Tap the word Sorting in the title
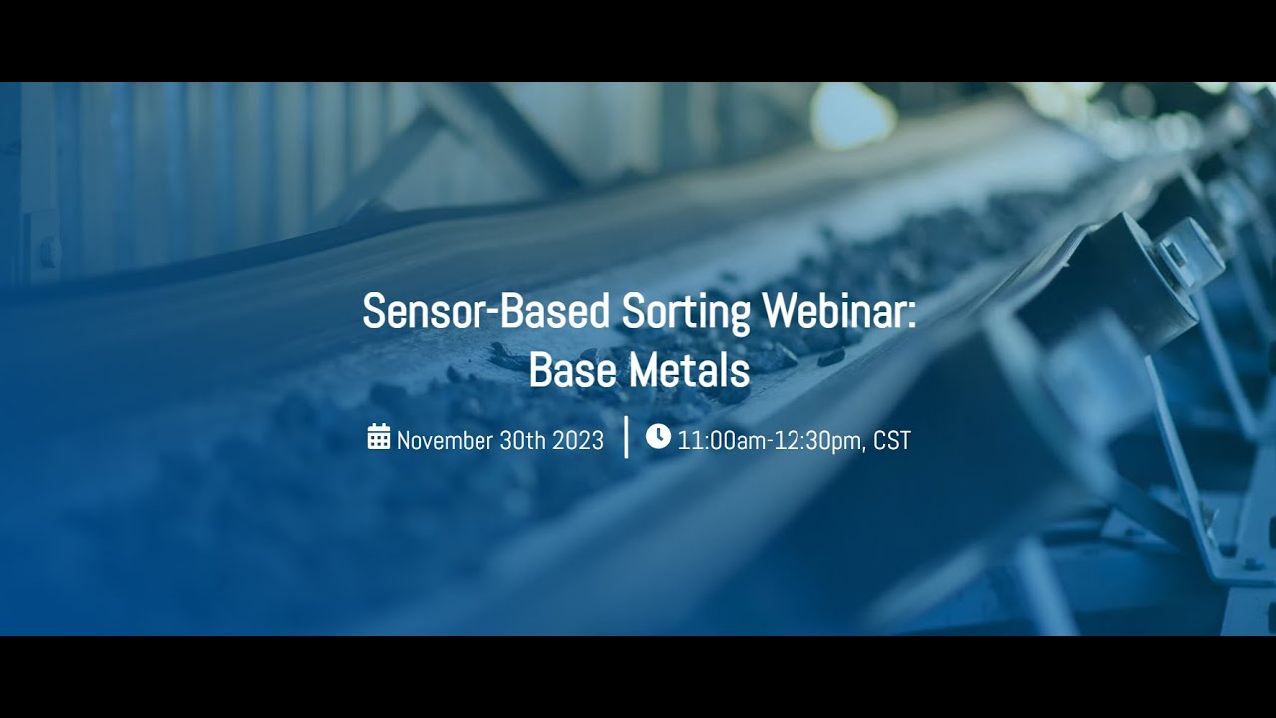click(x=686, y=312)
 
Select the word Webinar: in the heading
click(x=838, y=312)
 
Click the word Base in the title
click(x=566, y=370)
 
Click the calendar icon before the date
click(x=379, y=437)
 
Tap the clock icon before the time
click(x=658, y=436)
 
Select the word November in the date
click(x=445, y=440)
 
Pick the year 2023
click(x=578, y=440)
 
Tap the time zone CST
click(x=892, y=440)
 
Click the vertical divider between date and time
click(x=626, y=437)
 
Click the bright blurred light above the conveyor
click(x=852, y=115)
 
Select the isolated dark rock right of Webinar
click(x=831, y=356)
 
